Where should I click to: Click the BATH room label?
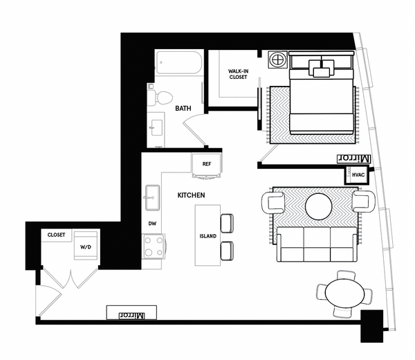click(x=183, y=109)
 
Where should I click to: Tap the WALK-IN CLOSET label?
click(x=239, y=74)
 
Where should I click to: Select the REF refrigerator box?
click(x=206, y=165)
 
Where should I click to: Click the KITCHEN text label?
click(x=191, y=196)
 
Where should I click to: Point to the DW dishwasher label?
click(x=152, y=224)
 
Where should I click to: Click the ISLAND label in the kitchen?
click(x=207, y=236)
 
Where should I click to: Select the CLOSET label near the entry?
click(x=56, y=235)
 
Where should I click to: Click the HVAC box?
click(x=358, y=175)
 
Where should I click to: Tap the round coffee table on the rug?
click(x=320, y=206)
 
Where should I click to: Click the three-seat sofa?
click(x=316, y=244)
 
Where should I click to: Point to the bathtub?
click(x=178, y=66)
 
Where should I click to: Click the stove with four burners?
click(x=152, y=246)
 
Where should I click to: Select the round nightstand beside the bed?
click(x=278, y=60)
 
